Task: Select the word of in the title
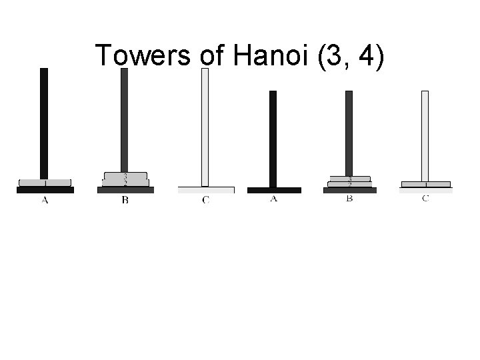tap(213, 56)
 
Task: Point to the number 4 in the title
tap(365, 56)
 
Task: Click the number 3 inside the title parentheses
tap(330, 56)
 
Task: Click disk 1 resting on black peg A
tap(45, 183)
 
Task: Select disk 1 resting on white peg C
tap(425, 184)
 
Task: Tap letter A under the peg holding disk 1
tap(45, 201)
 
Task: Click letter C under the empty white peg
tap(205, 201)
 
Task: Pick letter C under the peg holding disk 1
tap(425, 199)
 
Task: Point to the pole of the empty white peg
tap(205, 127)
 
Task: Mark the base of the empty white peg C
tap(206, 190)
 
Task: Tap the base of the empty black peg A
tap(273, 190)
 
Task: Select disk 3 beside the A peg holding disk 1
tap(125, 176)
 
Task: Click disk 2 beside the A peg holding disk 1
tap(125, 183)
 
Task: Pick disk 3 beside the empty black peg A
tap(349, 179)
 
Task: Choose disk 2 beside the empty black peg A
tap(349, 185)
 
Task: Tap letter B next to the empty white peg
tap(125, 201)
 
